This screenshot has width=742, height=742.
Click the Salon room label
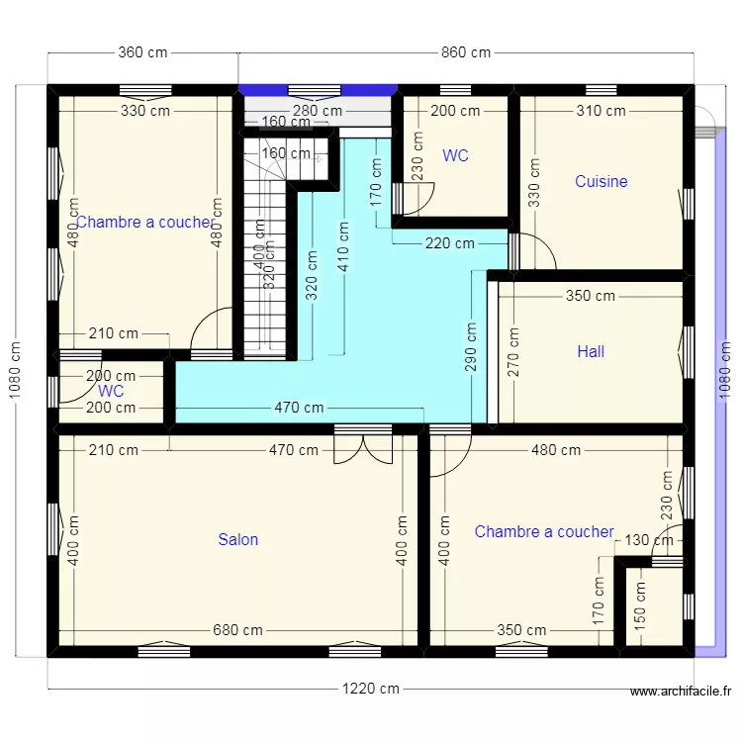[x=238, y=539]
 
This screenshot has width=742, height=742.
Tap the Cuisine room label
[x=602, y=181]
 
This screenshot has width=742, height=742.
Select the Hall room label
[x=591, y=351]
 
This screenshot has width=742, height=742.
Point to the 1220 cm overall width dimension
[x=371, y=689]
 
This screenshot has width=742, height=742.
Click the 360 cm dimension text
[x=142, y=53]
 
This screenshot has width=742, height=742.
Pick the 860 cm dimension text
[x=466, y=53]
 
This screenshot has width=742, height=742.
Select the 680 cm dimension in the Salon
[x=238, y=630]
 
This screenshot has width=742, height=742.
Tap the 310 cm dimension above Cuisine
[x=602, y=111]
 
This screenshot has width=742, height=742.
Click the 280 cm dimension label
[x=318, y=112]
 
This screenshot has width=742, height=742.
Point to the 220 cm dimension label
[x=449, y=243]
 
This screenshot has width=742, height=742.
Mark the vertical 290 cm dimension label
[x=471, y=345]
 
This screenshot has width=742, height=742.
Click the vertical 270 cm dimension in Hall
[x=512, y=351]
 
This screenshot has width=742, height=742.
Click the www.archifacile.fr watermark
[x=680, y=693]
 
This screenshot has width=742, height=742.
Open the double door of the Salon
[x=363, y=447]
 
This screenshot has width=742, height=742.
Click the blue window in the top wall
[x=318, y=89]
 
